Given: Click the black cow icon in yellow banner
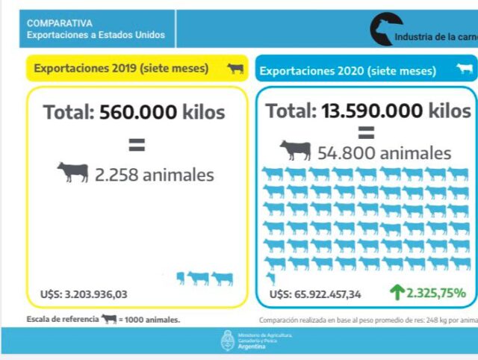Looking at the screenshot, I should click(235, 69).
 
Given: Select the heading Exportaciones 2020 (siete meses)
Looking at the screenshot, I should click(347, 72).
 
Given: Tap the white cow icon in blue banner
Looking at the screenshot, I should click(465, 70).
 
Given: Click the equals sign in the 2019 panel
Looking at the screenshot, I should click(137, 143).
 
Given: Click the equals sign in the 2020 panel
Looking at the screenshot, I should click(366, 134).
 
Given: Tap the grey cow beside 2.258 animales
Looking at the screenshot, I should click(73, 173).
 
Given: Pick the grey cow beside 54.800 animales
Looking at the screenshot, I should click(296, 151).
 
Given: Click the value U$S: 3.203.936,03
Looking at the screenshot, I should click(84, 294).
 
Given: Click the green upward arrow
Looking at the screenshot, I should click(396, 292).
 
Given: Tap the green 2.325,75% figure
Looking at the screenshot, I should click(436, 293).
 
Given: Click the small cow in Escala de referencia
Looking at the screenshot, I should click(109, 319).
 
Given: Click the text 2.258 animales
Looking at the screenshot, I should click(154, 175).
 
